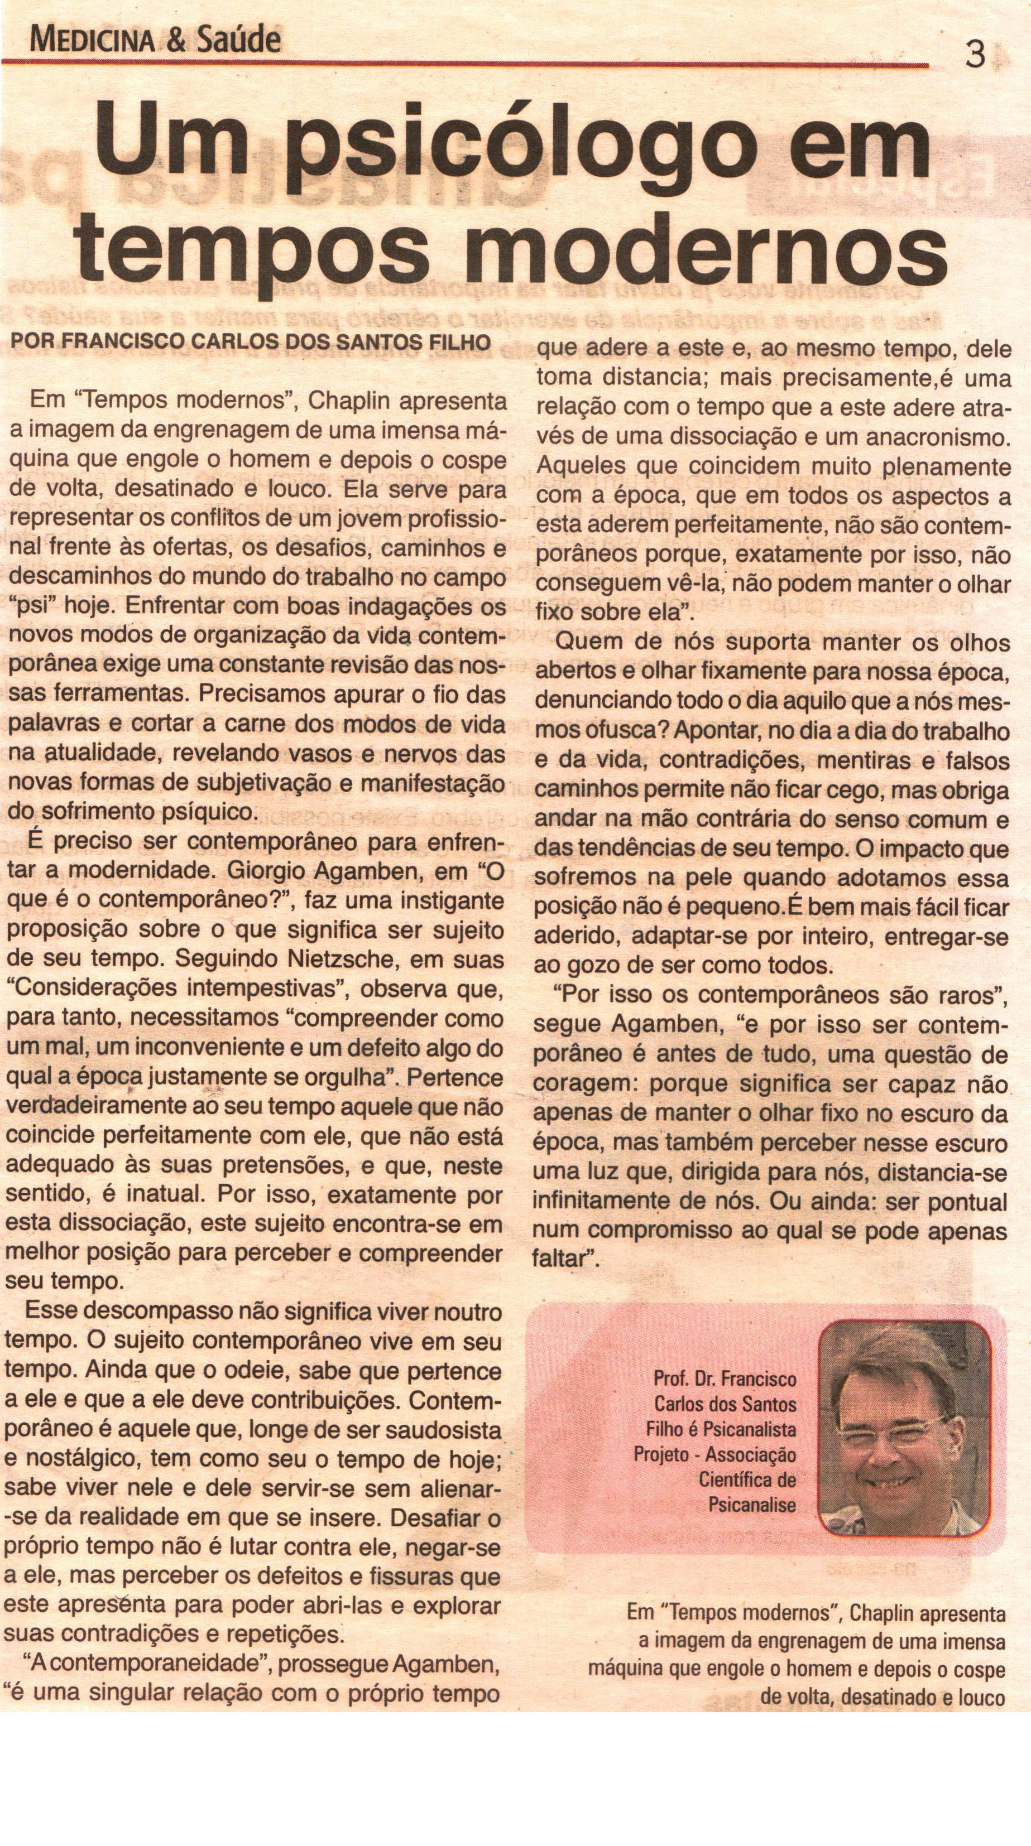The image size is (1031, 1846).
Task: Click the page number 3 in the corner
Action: coord(975,55)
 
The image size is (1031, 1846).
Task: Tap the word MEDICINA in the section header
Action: coord(91,42)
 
